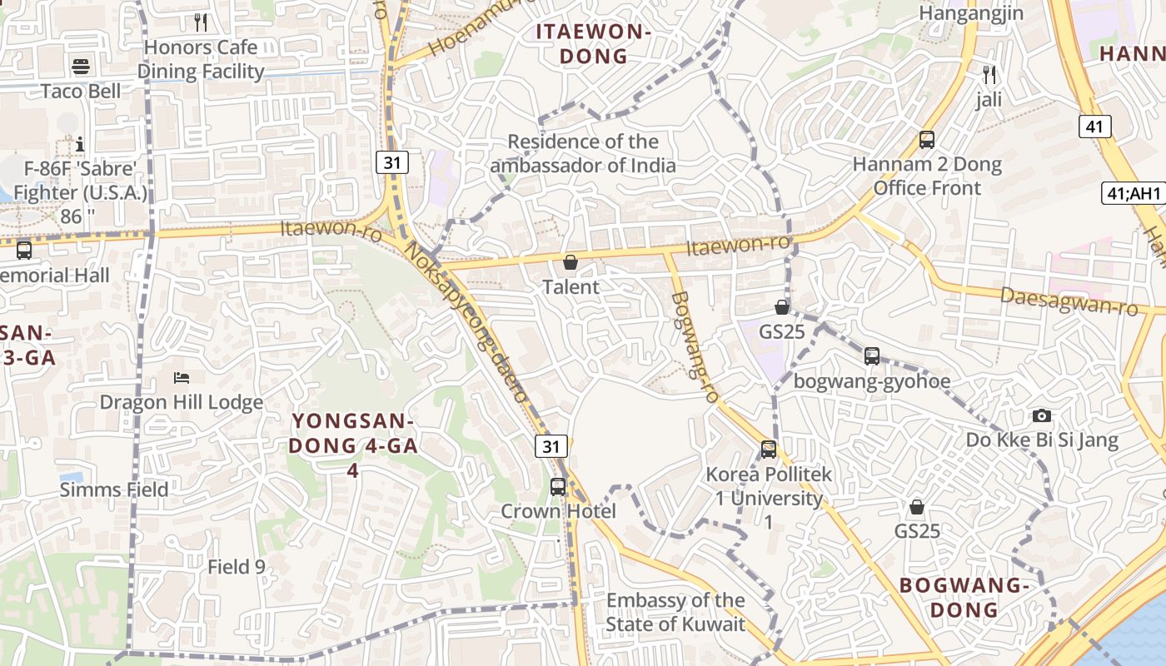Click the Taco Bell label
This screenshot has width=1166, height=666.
point(81,91)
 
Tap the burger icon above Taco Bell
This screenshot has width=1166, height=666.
point(81,66)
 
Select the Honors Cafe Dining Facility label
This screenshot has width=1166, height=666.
point(201,59)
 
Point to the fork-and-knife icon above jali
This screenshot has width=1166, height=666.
point(989,75)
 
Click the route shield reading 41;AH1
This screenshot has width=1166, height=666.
point(1133,194)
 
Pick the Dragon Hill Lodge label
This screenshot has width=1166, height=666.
point(182,403)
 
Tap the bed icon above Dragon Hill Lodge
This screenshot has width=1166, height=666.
point(182,378)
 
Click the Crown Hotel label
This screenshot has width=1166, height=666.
point(558,511)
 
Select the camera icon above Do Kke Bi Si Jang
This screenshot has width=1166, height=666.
point(1041,415)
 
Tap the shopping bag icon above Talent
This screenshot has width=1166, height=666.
point(571,263)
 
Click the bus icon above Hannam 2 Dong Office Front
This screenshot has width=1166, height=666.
point(927,140)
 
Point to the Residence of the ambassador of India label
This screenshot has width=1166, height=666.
point(583,153)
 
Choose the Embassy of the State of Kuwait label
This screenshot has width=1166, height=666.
point(675,612)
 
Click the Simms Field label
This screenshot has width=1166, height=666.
point(114,490)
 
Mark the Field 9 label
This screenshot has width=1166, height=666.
point(237,567)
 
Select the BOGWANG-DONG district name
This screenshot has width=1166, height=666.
point(964,597)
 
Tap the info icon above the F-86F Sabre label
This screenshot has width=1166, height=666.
point(80,144)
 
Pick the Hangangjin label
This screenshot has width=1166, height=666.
point(971,13)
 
